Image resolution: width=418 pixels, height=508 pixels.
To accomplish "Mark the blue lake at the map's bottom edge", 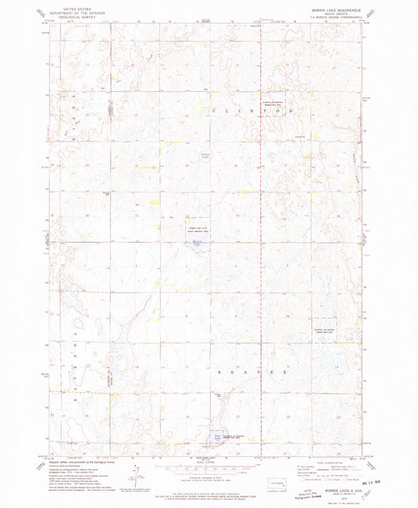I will pos(218,437).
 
